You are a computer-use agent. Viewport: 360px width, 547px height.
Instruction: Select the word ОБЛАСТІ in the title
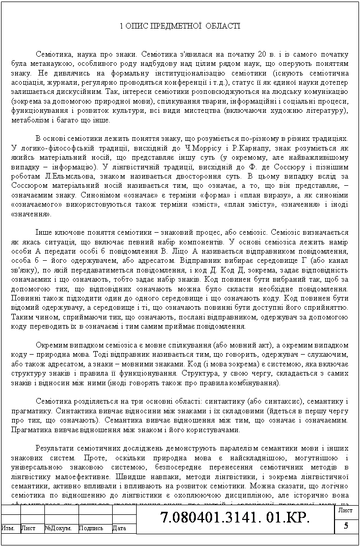pos(222,26)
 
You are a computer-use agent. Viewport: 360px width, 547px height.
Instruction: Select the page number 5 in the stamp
pos(346,527)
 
